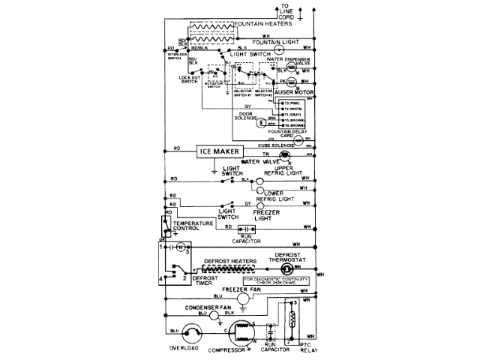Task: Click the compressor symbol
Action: [x=241, y=334]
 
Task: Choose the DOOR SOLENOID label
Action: [x=245, y=117]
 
